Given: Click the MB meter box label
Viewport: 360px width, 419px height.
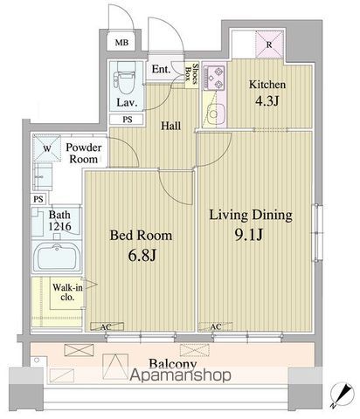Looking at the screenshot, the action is (121, 43).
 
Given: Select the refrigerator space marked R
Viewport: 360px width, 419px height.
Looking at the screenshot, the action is (269, 45).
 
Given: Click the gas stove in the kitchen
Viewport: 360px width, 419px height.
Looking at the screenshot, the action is (214, 78).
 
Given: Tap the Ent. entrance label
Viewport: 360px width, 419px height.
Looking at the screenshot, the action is (161, 69).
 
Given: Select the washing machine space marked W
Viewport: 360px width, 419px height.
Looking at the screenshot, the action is (47, 148).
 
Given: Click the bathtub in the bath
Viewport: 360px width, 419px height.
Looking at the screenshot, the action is (57, 257).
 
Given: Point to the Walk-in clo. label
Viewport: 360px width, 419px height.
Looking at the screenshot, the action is (67, 292).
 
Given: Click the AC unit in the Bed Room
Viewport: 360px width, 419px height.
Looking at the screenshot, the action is (107, 326).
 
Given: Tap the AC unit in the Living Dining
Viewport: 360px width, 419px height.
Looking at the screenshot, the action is (216, 326).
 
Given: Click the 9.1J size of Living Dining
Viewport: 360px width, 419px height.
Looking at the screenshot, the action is (249, 235).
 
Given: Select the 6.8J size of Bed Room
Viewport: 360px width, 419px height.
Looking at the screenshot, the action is (142, 255).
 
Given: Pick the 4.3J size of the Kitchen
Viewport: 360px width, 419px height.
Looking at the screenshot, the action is (267, 101).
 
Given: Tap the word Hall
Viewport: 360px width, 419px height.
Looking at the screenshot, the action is (171, 126).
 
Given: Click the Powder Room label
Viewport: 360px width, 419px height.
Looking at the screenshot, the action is (84, 153).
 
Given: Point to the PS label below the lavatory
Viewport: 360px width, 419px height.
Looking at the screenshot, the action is (128, 120).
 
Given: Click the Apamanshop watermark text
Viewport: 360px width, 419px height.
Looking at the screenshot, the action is (181, 374).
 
